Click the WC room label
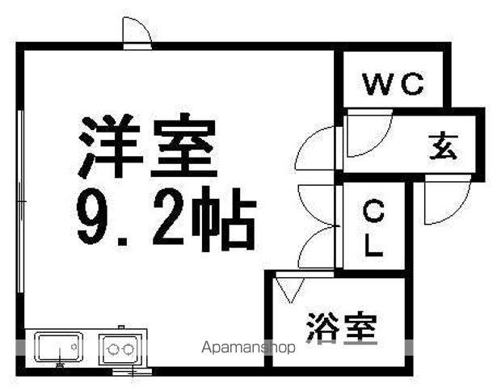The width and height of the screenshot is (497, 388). coord(393,84)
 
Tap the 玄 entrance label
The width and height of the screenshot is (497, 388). coord(444,146)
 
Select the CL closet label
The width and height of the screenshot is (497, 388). coord(373,228)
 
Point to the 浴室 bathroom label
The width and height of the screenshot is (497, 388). coord(342,328)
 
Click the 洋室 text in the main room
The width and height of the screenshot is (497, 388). coord(147,145)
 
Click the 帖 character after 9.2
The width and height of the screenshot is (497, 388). coord(224,219)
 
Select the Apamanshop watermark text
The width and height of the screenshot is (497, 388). coord(248,348)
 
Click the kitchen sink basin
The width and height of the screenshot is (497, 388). coord(59,347)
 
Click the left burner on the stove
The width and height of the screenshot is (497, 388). coord(113,350)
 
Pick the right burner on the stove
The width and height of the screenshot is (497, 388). coord(128,349)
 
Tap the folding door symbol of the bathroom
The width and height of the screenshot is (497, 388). coord(290,289)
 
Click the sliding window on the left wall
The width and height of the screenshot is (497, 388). coord(20,201)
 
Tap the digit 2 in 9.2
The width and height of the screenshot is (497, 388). coord(168,216)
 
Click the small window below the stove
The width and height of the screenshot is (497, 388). coord(133,371)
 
